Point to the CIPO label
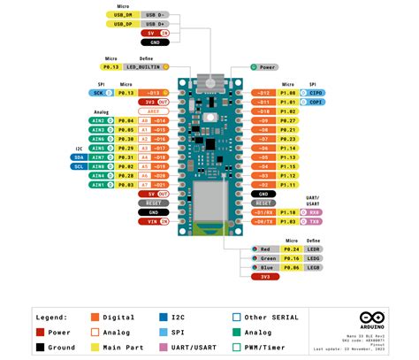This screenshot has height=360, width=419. pyautogui.click(x=316, y=92)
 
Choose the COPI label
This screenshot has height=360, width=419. pyautogui.click(x=316, y=102)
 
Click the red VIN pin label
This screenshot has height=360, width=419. pyautogui.click(x=153, y=221)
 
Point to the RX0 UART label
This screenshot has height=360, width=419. pyautogui.click(x=316, y=212)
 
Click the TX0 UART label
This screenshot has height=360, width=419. pyautogui.click(x=316, y=221)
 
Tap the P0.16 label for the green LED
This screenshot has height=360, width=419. pyautogui.click(x=288, y=258)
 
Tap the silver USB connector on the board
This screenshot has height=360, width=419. pyautogui.click(x=209, y=80)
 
